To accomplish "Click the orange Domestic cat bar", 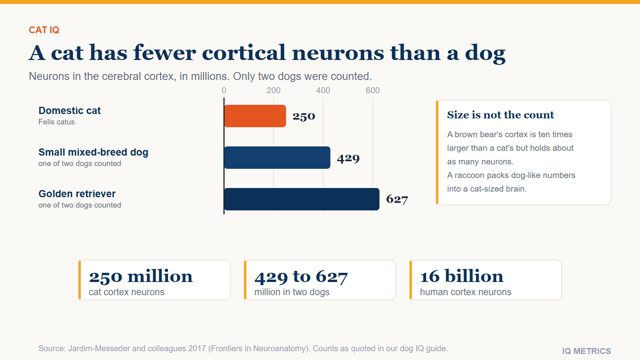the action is [255, 116].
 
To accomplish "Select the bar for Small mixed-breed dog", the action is [277, 158].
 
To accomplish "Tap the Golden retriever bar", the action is [302, 199].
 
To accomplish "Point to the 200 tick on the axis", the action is [274, 90].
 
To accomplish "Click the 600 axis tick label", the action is [372, 90].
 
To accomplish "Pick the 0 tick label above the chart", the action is [224, 90].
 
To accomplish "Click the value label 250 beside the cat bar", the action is [304, 116].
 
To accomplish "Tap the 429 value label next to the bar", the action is [348, 158].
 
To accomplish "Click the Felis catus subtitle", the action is [56, 122].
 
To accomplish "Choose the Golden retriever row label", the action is [77, 194].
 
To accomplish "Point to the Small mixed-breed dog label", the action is [94, 152].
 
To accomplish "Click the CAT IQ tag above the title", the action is [44, 30].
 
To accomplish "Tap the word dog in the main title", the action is [485, 53].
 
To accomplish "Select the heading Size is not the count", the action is [500, 115].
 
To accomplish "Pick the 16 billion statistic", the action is [462, 276].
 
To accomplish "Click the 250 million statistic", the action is [141, 276].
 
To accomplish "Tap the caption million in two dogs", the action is [292, 292].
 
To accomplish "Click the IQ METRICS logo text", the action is [586, 351].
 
